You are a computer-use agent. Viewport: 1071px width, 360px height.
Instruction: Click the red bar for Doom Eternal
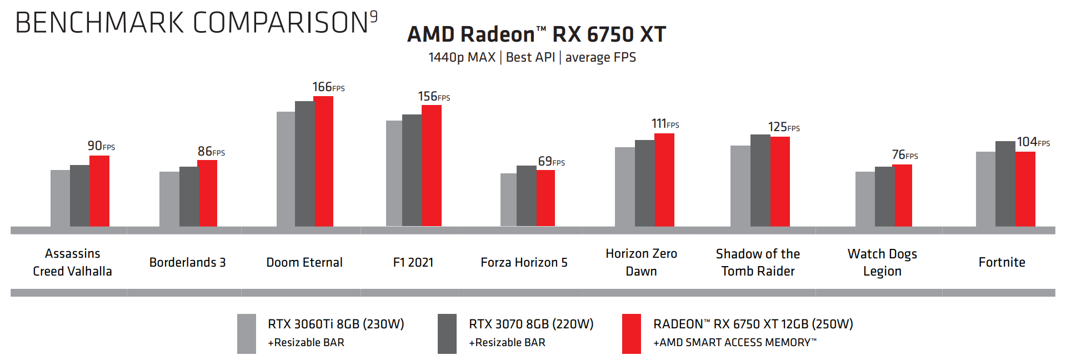pyautogui.click(x=324, y=161)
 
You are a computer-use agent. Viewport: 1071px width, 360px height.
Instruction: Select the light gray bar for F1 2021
pyautogui.click(x=394, y=173)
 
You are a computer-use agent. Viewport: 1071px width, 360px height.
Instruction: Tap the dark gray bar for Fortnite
pyautogui.click(x=1005, y=183)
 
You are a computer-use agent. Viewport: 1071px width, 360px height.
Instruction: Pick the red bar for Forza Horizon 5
pyautogui.click(x=545, y=198)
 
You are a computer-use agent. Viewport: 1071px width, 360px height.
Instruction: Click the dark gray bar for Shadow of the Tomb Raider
pyautogui.click(x=760, y=180)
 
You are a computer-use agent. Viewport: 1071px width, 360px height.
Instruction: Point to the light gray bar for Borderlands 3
pyautogui.click(x=169, y=199)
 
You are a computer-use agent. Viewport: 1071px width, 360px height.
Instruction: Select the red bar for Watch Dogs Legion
pyautogui.click(x=902, y=195)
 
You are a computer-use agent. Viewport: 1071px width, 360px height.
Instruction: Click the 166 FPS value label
pyautogui.click(x=328, y=87)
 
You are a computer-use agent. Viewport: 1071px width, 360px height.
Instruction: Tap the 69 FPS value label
pyautogui.click(x=551, y=162)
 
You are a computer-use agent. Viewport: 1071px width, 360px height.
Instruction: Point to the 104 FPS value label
pyautogui.click(x=1033, y=142)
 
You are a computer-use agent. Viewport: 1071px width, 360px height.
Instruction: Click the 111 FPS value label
pyautogui.click(x=665, y=123)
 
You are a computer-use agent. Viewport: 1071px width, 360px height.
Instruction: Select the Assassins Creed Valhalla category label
pyautogui.click(x=72, y=262)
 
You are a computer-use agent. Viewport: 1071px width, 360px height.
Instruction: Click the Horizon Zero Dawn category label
pyautogui.click(x=641, y=262)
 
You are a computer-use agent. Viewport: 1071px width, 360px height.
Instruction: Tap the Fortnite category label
pyautogui.click(x=1002, y=262)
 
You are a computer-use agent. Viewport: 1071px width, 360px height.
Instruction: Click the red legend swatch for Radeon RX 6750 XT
pyautogui.click(x=631, y=333)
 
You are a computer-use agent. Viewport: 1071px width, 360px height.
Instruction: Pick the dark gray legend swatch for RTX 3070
pyautogui.click(x=447, y=333)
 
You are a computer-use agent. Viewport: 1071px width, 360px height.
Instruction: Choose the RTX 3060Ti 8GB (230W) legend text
pyautogui.click(x=336, y=324)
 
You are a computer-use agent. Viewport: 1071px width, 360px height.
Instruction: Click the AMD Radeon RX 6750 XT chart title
pyautogui.click(x=536, y=34)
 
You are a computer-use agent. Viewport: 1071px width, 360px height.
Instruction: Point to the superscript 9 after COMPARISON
pyautogui.click(x=374, y=17)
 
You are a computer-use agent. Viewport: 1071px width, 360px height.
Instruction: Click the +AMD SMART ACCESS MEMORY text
pyautogui.click(x=734, y=342)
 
